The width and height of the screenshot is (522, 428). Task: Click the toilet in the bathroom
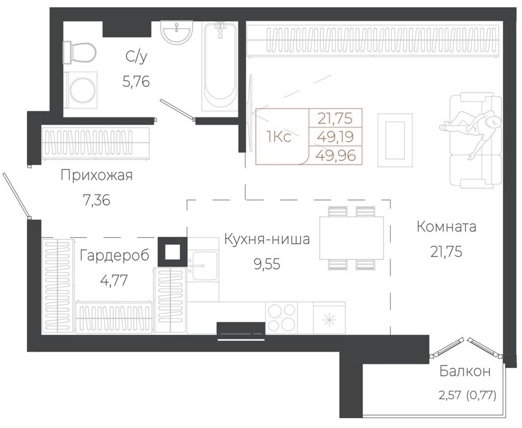(79, 53)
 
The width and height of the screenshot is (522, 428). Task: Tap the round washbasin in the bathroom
(177, 32)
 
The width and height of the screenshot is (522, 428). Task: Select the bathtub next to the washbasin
(219, 66)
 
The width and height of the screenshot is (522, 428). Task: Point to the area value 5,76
(136, 81)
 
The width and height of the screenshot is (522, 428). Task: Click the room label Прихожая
(97, 175)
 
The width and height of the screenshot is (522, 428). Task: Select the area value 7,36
(96, 200)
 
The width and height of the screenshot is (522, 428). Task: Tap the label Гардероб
(114, 256)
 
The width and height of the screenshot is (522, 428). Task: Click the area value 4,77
(114, 281)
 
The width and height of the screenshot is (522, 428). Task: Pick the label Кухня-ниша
(267, 239)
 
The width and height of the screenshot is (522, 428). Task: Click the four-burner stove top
(282, 317)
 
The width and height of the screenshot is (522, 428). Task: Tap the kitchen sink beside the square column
(203, 267)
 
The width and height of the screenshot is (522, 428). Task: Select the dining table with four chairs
(351, 238)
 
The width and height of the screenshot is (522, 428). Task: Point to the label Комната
(446, 227)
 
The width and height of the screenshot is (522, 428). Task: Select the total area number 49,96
(336, 155)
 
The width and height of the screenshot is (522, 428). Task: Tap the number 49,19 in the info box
(335, 136)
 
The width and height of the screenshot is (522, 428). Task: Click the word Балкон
(465, 371)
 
